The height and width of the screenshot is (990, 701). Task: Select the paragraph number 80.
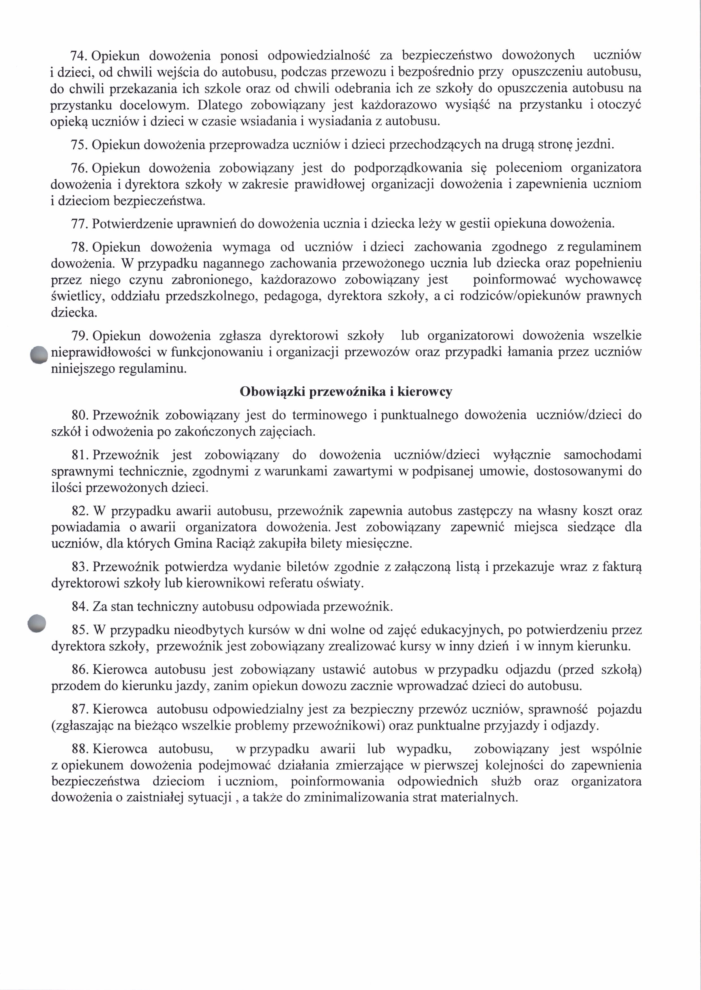[80, 415]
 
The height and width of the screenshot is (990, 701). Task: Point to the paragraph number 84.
[80, 607]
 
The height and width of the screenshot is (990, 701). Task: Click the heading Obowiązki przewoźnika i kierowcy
[346, 392]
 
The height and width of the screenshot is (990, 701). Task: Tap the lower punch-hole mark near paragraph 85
[36, 624]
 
